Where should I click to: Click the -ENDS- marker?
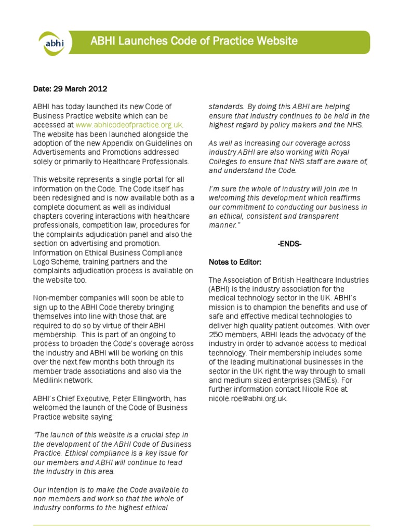[x=289, y=243]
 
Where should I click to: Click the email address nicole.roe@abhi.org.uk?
[x=247, y=398]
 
